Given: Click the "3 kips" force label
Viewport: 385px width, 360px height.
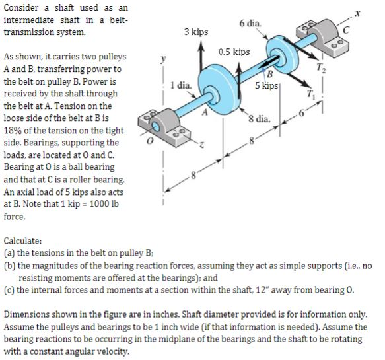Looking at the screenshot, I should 195,32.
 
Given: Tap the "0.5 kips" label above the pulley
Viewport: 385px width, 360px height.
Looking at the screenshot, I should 234,52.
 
